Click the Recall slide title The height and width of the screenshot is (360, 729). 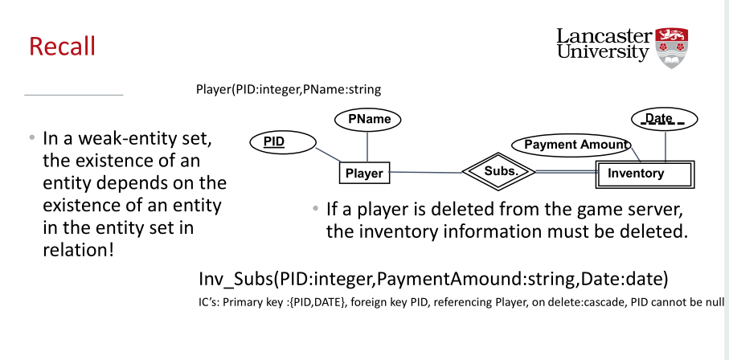(62, 46)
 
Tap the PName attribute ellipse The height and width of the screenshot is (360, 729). (369, 120)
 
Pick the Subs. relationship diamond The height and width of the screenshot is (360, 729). (498, 171)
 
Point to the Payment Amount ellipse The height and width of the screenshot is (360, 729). (572, 145)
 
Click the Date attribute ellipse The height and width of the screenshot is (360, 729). (665, 120)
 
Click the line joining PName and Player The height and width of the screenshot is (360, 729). (368, 146)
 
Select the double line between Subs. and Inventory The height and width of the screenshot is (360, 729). (565, 172)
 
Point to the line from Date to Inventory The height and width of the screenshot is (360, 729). (666, 146)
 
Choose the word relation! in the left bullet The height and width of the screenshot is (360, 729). (77, 249)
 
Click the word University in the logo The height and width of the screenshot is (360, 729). (602, 52)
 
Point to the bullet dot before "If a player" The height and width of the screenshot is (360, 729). (315, 211)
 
